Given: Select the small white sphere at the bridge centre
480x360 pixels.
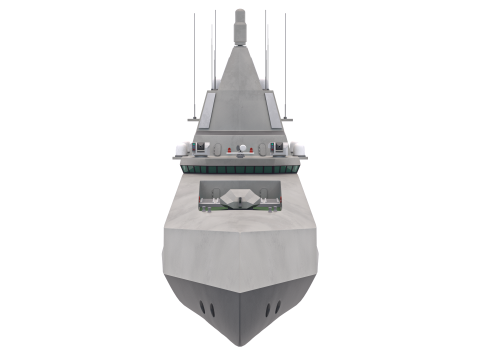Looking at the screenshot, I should pyautogui.click(x=240, y=149).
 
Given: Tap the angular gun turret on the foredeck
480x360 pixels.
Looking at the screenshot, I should pyautogui.click(x=240, y=200).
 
